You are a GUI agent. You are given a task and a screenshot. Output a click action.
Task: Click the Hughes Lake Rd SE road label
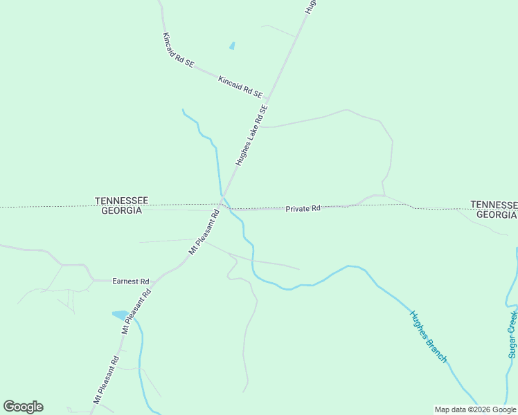coord(251,136)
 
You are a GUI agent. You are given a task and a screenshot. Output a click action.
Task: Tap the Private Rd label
coord(303,208)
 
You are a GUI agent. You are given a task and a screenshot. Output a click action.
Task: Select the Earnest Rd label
coord(131,282)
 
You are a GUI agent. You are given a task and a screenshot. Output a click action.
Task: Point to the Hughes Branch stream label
coord(429,337)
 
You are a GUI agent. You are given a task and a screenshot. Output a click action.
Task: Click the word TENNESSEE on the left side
coord(121,201)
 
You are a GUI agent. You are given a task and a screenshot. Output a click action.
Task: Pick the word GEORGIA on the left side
coord(121,210)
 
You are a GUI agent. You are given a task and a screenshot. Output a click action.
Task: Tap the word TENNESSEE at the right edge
coord(494,205)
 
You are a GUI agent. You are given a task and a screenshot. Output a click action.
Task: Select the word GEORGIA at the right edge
coord(497,214)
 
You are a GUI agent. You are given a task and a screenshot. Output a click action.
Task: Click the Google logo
coord(23,407)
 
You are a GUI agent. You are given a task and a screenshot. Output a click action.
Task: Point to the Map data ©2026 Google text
coord(475,409)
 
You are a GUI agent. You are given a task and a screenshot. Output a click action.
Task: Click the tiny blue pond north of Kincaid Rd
coord(232,46)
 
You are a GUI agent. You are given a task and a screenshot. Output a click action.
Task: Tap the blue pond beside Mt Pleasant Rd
coord(120,315)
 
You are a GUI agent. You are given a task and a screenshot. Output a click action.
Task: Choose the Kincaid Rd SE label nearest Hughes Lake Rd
coord(240,86)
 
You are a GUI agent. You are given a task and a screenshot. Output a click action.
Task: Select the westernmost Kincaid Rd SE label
coord(177,50)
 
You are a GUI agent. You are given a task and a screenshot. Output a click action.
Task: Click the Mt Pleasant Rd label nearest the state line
coord(204,232)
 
